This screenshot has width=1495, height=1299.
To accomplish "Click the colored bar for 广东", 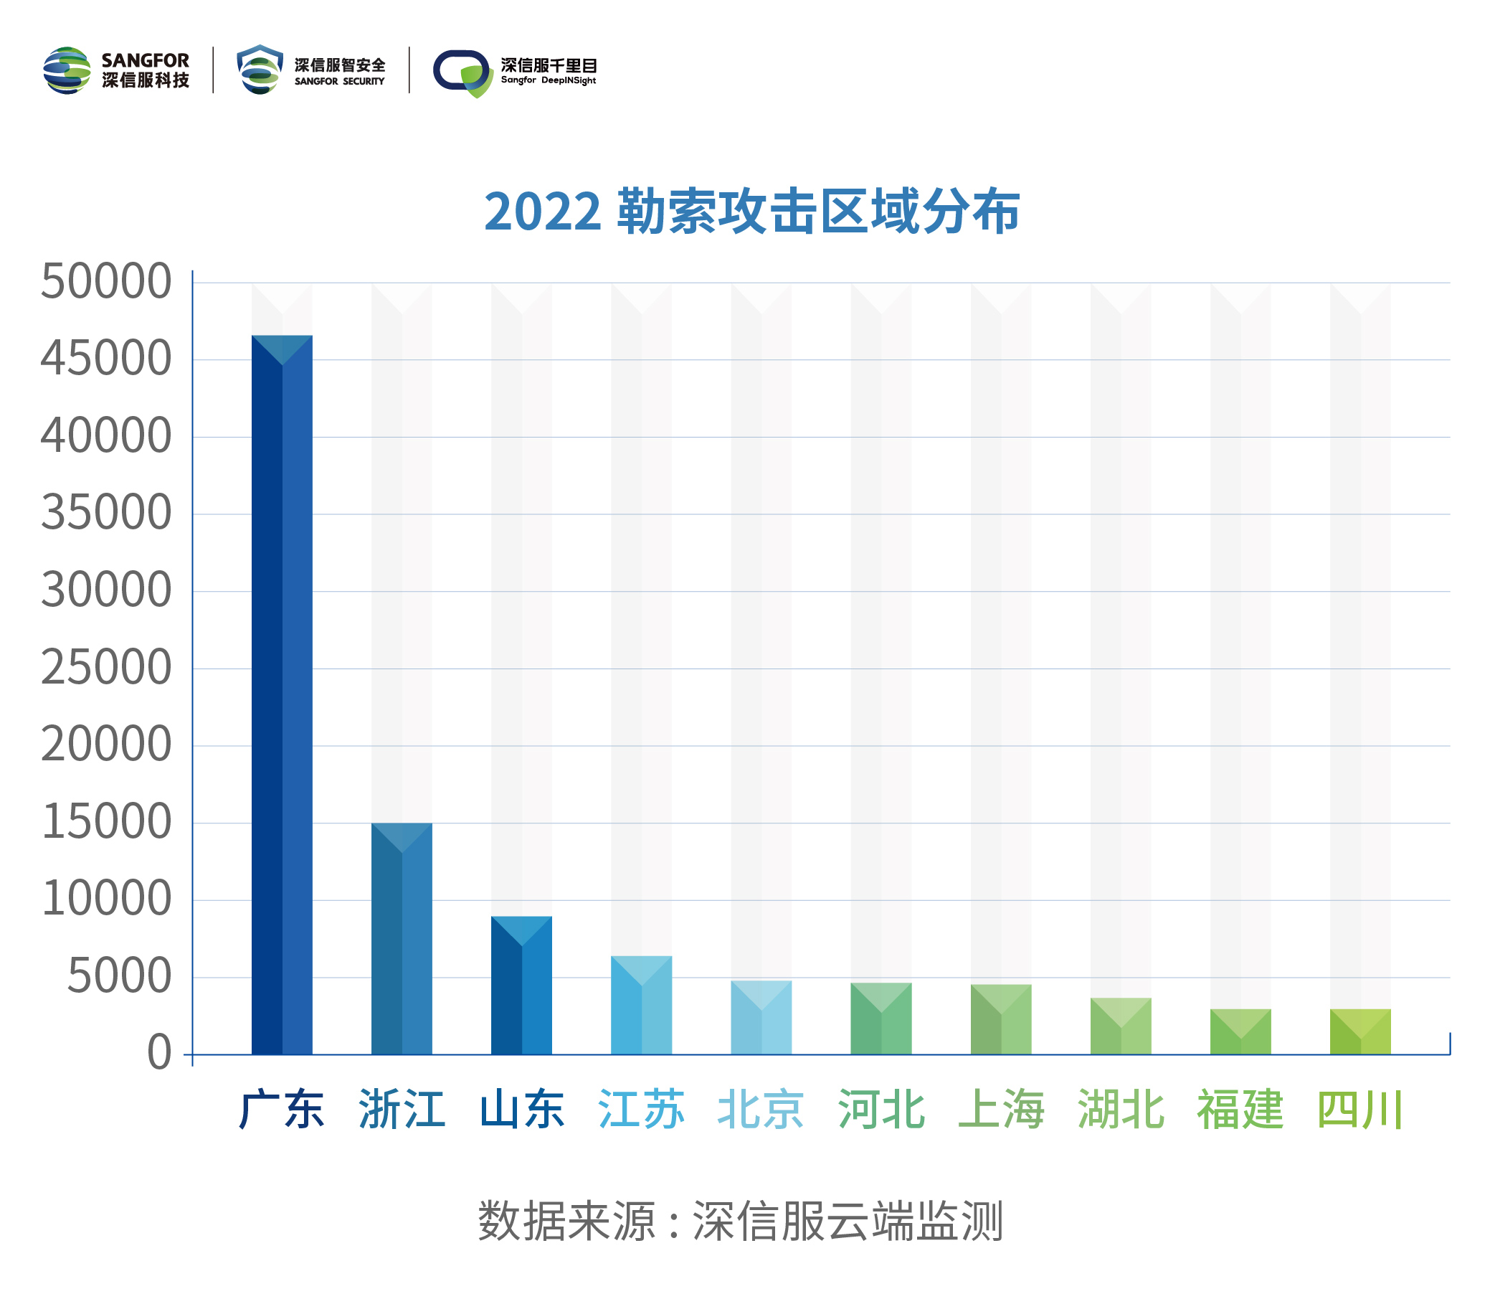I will click(x=282, y=696).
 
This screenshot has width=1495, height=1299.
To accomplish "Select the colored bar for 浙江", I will click(x=402, y=940).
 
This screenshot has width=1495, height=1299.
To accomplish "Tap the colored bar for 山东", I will click(x=521, y=986).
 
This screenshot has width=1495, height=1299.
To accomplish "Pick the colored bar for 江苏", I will click(x=641, y=1006).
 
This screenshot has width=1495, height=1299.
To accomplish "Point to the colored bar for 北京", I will click(x=761, y=1019).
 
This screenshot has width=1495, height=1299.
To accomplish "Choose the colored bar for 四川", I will click(x=1360, y=1032).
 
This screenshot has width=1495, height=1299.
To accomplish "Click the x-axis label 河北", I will click(x=881, y=1110).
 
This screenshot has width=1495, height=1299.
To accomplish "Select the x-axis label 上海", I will click(x=1001, y=1110).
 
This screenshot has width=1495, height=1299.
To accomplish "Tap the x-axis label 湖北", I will click(x=1120, y=1110).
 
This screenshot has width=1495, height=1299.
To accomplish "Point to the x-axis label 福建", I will click(x=1240, y=1110).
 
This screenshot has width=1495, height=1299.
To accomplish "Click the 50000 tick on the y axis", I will click(x=106, y=282).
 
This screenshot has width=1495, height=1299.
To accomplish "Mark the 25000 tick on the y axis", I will click(x=106, y=669).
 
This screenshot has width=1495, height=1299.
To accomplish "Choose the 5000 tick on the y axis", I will click(x=120, y=977).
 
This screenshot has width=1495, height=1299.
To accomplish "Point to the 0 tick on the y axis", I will click(x=159, y=1054).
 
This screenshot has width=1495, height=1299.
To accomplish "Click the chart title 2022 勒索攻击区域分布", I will click(x=751, y=212).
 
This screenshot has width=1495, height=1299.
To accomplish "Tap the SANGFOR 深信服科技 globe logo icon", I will click(x=67, y=70).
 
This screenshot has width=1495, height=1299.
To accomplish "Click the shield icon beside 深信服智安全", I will click(x=260, y=70).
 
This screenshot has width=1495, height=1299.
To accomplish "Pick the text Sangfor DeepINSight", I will click(x=548, y=80).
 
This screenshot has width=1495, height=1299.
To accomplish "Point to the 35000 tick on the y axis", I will click(x=106, y=514).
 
